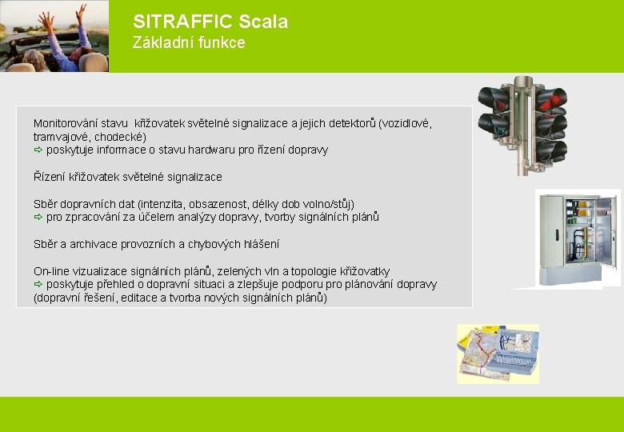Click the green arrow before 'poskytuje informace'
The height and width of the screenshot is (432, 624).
38,150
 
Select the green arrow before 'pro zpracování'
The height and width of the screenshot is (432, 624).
38,217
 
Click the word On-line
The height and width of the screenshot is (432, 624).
52,271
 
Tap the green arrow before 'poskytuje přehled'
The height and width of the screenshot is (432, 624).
38,284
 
